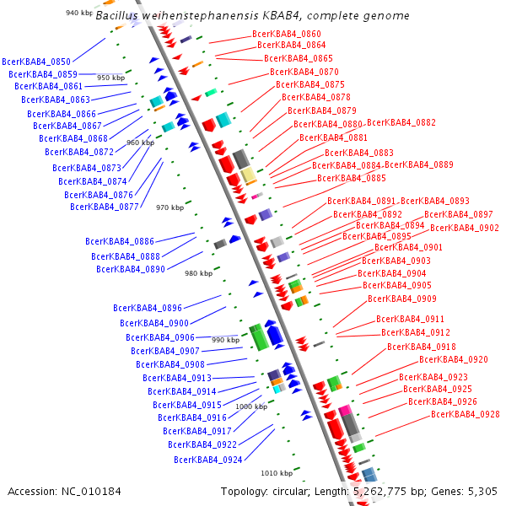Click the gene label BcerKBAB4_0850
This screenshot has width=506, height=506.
(36, 62)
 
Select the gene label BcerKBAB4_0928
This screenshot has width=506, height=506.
(466, 414)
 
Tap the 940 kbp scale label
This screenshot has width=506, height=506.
(79, 13)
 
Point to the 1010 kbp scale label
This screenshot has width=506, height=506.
(277, 473)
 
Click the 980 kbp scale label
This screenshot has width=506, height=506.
(199, 273)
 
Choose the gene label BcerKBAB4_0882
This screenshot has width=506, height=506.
(401, 123)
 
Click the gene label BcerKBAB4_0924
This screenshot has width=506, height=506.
(208, 460)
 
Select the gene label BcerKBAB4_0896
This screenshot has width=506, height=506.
(148, 308)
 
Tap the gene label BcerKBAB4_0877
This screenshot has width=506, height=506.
(105, 207)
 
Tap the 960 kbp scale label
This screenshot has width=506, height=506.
(140, 143)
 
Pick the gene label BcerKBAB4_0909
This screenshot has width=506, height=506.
(402, 299)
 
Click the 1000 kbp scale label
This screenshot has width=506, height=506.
(251, 406)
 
